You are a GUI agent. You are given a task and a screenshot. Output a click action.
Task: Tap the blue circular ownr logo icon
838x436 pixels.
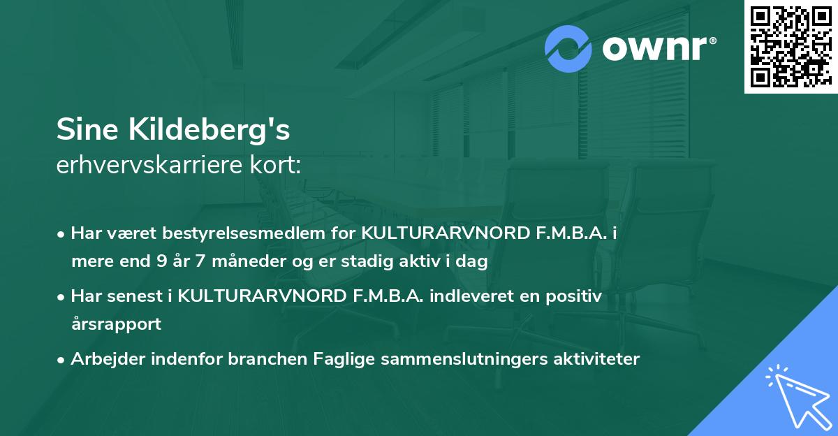568,49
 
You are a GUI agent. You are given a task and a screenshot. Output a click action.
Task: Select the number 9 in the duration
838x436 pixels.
158,262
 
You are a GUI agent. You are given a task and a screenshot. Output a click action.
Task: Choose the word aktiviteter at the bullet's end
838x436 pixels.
596,359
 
